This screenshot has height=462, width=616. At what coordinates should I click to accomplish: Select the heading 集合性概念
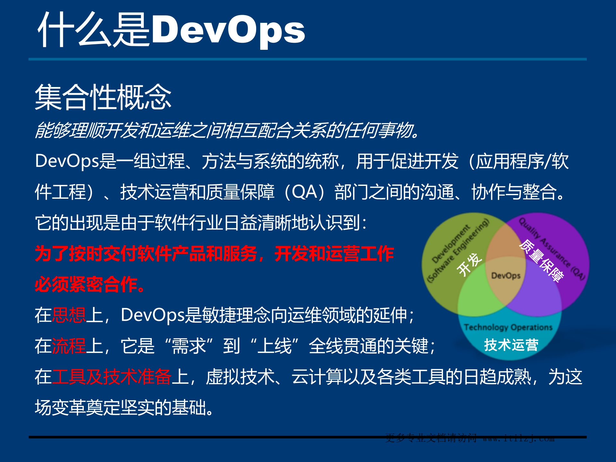103,97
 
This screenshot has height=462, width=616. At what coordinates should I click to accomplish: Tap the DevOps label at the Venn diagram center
506,276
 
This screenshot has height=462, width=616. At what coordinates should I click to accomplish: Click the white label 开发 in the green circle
469,264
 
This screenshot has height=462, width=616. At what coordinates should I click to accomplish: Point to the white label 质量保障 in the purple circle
542,261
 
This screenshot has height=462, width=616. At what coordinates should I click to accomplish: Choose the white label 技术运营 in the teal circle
511,345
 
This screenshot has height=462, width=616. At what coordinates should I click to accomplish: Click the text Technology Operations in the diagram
508,327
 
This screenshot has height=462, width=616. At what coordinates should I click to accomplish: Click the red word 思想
69,315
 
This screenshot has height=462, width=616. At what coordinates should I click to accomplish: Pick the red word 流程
69,346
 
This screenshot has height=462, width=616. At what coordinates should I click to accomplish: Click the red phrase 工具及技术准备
111,377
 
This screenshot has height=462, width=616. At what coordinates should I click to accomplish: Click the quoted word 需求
189,346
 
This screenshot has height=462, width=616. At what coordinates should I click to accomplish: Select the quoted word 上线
274,346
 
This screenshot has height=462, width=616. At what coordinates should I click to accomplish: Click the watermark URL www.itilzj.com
518,438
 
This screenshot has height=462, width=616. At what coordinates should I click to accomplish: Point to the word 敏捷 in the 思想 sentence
219,315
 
